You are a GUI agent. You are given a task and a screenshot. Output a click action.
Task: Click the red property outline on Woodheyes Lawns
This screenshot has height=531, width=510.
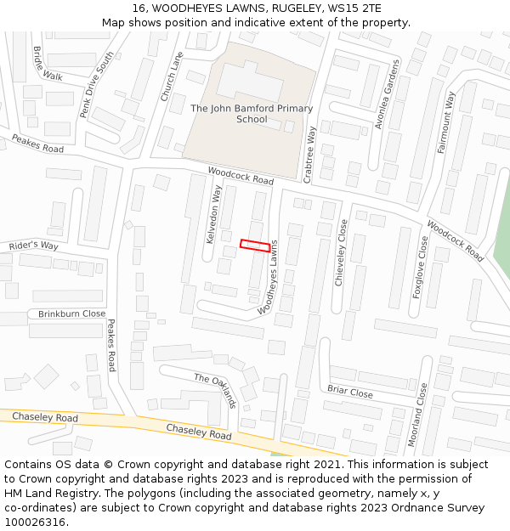pyautogui.click(x=255, y=246)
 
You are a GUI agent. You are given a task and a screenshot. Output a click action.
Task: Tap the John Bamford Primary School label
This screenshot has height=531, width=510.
pyautogui.click(x=252, y=114)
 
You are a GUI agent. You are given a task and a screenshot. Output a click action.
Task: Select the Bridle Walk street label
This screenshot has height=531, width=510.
pyautogui.click(x=48, y=64)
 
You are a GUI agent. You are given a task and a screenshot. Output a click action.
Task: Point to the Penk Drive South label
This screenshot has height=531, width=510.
pyautogui.click(x=96, y=85)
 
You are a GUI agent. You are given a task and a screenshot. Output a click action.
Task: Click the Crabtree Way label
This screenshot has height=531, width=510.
pyautogui.click(x=311, y=153)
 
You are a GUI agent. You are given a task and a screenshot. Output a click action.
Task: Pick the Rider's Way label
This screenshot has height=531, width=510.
pyautogui.click(x=34, y=246)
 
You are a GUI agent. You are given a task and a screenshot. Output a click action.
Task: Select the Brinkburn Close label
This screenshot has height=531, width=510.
pyautogui.click(x=71, y=314)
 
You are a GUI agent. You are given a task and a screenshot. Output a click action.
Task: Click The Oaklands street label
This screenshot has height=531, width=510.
pyautogui.click(x=215, y=390)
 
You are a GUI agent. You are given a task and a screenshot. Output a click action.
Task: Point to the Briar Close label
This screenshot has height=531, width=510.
pyautogui.click(x=350, y=392)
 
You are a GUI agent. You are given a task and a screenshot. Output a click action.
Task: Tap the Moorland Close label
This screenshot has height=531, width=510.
pyautogui.click(x=417, y=415)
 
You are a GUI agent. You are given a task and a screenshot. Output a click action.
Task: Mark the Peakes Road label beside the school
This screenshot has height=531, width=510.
pyautogui.click(x=37, y=144)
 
